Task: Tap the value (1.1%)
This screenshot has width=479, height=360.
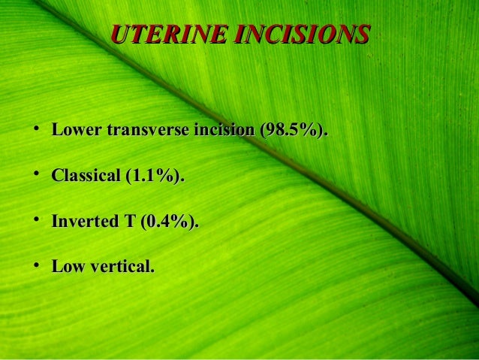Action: coord(154,176)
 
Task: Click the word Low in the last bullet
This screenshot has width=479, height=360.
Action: coord(66,266)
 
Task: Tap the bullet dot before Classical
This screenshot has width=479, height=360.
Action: coord(36,176)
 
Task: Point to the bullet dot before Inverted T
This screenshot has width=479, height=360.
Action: coord(36,221)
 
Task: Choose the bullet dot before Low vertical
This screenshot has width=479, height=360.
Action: coord(36,266)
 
